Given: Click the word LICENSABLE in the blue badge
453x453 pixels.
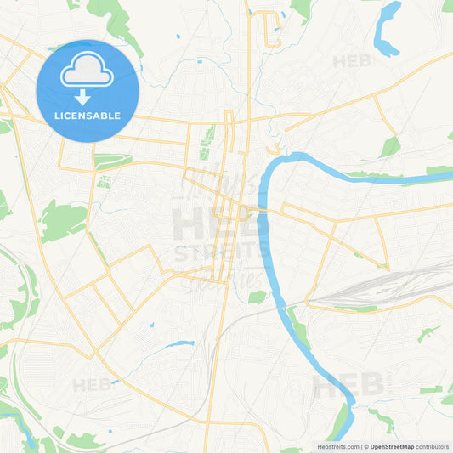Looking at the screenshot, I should tap(88, 116).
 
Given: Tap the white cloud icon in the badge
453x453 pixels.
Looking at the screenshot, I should tap(88, 72).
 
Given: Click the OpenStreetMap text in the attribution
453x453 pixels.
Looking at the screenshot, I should tap(390, 446).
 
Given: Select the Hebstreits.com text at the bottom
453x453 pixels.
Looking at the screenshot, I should tap(338, 446).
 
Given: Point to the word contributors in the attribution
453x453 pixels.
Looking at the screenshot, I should tap(433, 446).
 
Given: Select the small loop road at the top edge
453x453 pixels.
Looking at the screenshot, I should tap(274, 30).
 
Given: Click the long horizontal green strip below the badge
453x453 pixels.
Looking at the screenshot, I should tap(113, 161).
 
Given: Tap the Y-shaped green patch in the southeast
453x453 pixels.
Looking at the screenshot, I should tap(427, 334).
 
